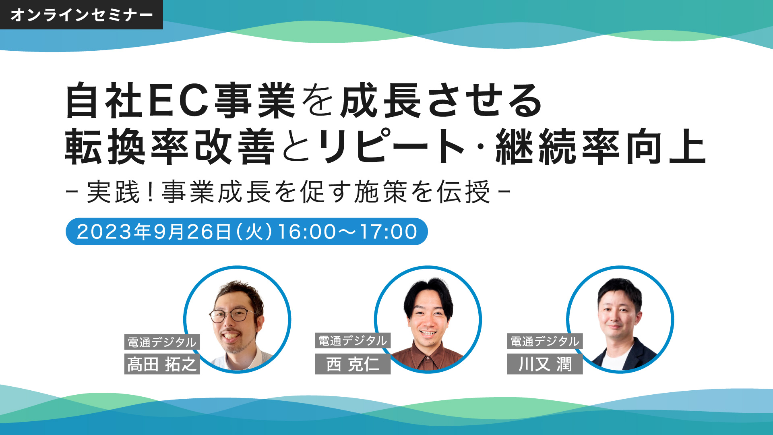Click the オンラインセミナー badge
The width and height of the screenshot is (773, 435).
pyautogui.click(x=81, y=15)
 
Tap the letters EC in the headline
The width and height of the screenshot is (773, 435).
pyautogui.click(x=179, y=100)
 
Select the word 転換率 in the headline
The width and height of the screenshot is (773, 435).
pyautogui.click(x=127, y=147)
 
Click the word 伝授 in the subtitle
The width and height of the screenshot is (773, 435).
pyautogui.click(x=464, y=192)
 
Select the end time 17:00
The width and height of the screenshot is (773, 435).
pyautogui.click(x=389, y=232)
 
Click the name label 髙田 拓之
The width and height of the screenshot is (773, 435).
pyautogui.click(x=162, y=364)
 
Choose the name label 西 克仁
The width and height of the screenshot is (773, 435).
pyautogui.click(x=353, y=364)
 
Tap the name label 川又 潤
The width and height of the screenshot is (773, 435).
pyautogui.click(x=545, y=364)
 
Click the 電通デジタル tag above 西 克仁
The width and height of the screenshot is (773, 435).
pyautogui.click(x=353, y=341)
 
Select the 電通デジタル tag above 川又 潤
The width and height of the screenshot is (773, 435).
pyautogui.click(x=545, y=342)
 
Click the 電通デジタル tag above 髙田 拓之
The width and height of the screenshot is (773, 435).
pyautogui.click(x=162, y=342)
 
